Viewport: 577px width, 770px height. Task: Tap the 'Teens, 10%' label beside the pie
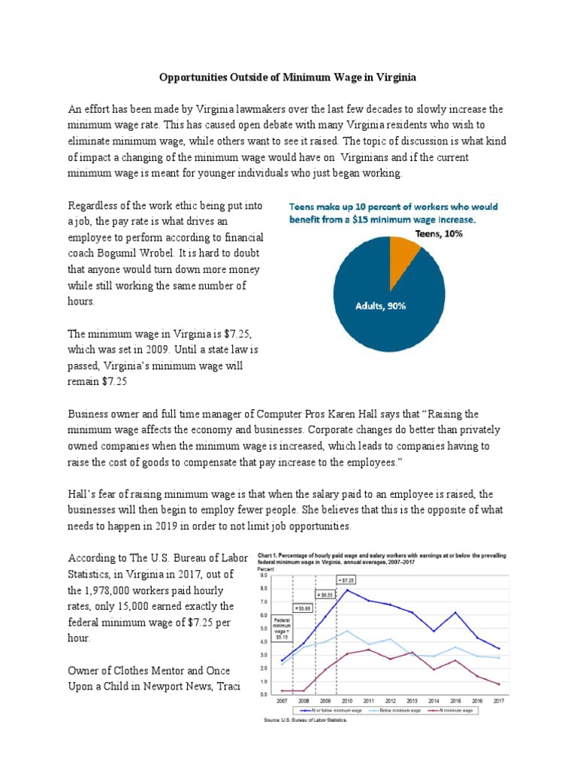point(439,234)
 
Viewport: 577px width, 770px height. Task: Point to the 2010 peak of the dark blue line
point(347,590)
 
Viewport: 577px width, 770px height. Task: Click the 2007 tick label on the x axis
point(282,700)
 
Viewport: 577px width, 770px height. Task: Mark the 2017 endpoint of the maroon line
point(500,684)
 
